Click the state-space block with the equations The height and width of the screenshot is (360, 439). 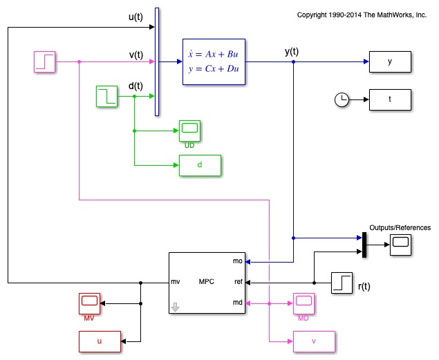(x=214, y=61)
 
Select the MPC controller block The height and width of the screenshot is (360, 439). (x=207, y=283)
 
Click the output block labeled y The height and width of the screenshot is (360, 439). (x=390, y=61)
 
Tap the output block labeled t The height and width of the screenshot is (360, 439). (x=390, y=100)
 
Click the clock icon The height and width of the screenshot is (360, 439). (x=342, y=100)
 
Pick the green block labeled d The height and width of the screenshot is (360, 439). (x=200, y=165)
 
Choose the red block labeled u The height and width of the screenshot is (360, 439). (x=100, y=341)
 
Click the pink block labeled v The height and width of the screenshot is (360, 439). (x=314, y=341)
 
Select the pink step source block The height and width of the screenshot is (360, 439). (x=45, y=61)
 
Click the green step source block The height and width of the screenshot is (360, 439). (x=106, y=96)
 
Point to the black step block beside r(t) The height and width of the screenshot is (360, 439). (x=342, y=283)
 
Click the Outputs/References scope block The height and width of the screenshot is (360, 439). (x=400, y=245)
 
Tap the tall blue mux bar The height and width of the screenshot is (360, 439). (x=157, y=61)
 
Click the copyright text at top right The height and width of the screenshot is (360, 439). (x=362, y=15)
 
